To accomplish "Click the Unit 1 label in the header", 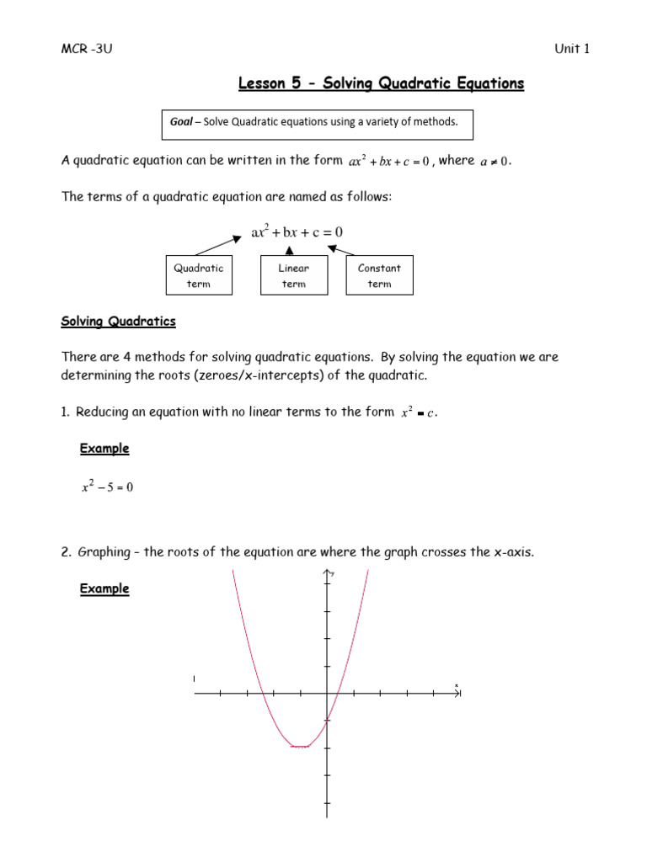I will point(571,48).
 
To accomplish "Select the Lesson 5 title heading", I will point(381,83).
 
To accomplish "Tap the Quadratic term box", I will point(199,275).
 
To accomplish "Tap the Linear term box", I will point(293,275).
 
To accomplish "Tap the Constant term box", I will point(379,275).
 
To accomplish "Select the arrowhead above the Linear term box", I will point(291,249).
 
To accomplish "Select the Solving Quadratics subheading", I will point(119,322).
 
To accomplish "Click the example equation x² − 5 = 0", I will point(107,487).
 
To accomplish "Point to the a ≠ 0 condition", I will point(495,162).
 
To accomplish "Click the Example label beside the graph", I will point(104,589).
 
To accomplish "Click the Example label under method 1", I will point(104,449).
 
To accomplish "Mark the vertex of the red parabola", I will point(300,746).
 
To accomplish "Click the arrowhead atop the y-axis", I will point(327,573).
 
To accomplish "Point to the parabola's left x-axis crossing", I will point(264,694).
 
